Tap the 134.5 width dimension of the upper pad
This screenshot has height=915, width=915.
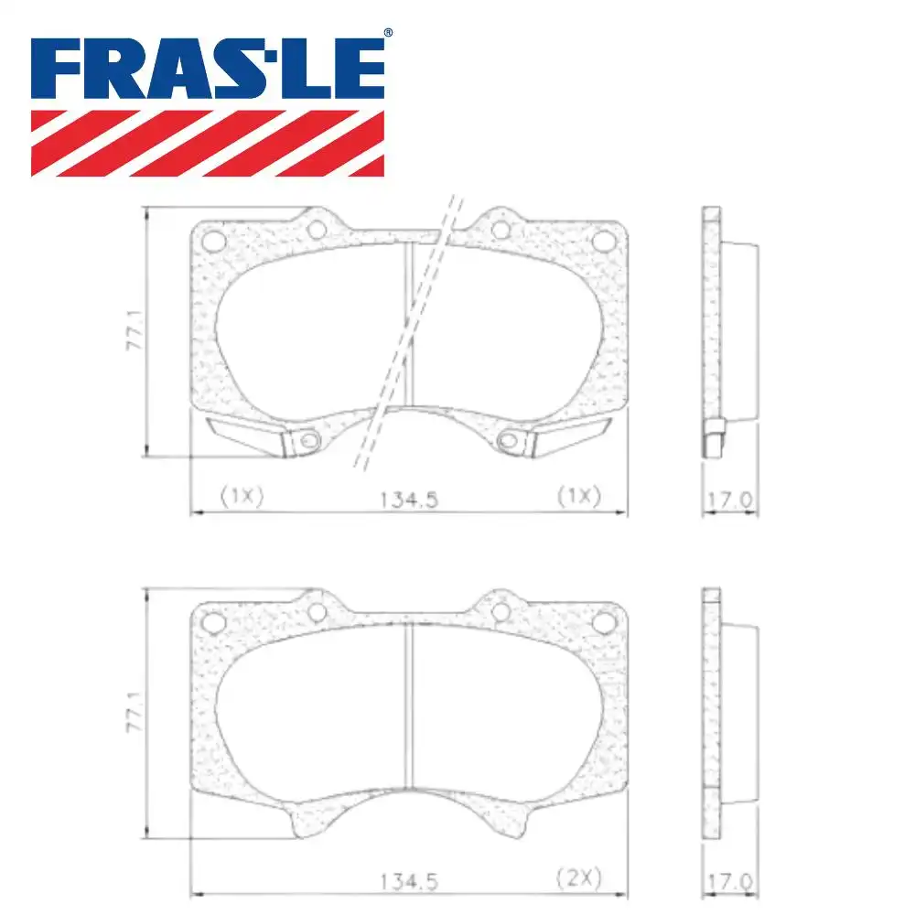(x=409, y=499)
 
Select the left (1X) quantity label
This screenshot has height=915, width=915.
(x=242, y=496)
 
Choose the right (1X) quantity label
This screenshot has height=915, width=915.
(x=578, y=496)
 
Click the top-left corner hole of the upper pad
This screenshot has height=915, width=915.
(x=213, y=241)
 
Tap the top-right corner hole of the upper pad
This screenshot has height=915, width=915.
(x=604, y=241)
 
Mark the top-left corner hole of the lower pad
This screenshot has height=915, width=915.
(x=213, y=622)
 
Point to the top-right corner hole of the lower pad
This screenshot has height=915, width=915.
(x=604, y=622)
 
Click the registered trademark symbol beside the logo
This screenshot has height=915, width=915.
(x=387, y=33)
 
